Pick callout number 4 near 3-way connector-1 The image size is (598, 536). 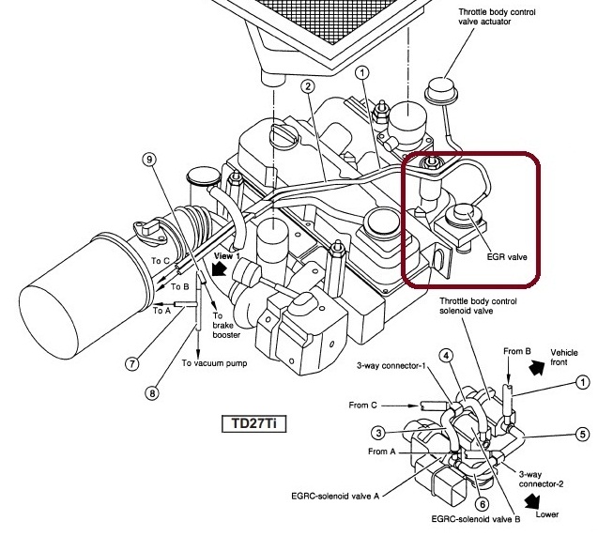447,356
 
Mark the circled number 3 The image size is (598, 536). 377,433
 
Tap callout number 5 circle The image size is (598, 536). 582,434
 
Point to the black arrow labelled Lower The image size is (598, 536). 536,500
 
